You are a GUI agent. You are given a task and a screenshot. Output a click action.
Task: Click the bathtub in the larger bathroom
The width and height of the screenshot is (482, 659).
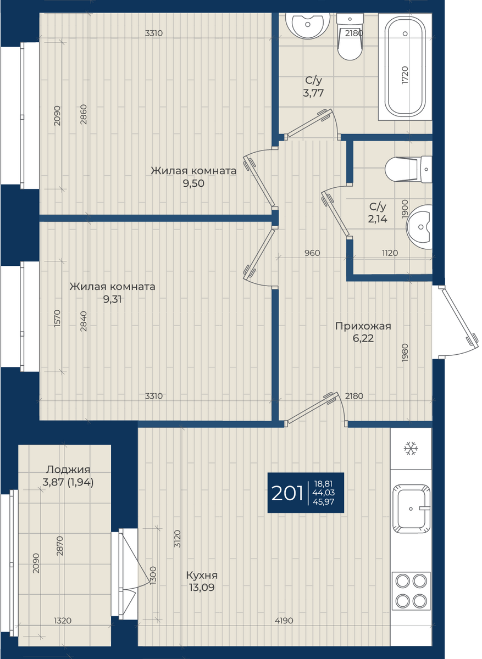[x=405, y=66]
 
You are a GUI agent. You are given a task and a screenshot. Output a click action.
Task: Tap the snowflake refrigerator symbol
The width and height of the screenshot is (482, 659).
[x=411, y=449]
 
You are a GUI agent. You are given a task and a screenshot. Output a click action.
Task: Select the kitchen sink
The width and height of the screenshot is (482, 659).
[x=411, y=509]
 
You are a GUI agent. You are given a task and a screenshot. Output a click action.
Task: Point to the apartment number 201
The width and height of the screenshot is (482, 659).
[x=287, y=493]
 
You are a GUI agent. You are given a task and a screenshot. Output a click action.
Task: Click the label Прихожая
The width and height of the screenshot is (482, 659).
[x=363, y=326]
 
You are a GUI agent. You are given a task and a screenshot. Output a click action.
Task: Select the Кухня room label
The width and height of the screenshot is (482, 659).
[x=202, y=575]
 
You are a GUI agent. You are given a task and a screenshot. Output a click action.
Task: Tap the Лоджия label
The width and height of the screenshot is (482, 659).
[x=68, y=470]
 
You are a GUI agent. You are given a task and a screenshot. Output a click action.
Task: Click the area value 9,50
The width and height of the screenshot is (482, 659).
[x=193, y=183]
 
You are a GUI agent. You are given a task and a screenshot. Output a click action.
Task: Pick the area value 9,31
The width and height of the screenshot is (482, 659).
[x=112, y=299]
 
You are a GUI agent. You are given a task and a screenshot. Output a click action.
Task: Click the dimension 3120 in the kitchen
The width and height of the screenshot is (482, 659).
[x=177, y=538]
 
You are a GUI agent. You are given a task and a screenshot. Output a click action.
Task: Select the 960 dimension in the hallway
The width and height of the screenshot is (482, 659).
[x=312, y=253]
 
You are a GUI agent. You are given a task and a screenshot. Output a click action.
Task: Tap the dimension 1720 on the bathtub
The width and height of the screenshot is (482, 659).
[x=405, y=75]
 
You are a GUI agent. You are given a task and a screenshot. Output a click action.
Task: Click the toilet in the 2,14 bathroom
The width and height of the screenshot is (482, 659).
[x=408, y=169]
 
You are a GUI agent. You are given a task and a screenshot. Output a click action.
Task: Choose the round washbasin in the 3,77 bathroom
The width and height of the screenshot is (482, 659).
[x=307, y=25]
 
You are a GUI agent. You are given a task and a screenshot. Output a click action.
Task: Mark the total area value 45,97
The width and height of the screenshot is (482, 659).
[x=324, y=501]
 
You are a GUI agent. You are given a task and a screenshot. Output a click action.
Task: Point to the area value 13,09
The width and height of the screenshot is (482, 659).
[x=202, y=588]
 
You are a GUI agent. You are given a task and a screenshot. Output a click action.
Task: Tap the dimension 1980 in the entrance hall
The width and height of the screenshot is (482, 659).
[x=405, y=353]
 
